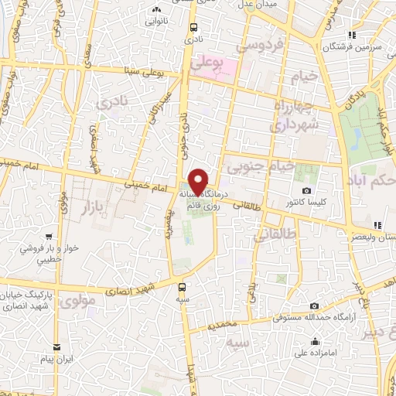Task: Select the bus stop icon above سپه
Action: coord(181,285)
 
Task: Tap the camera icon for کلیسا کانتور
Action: coord(306,190)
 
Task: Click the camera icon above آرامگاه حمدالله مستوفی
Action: coord(313,306)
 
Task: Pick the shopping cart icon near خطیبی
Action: coord(49,237)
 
